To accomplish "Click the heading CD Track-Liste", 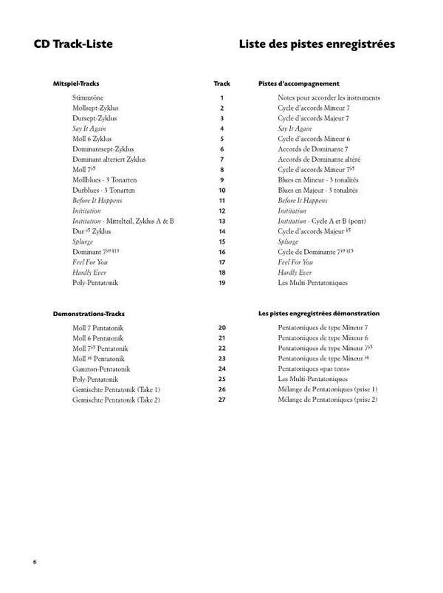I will [x=72, y=44].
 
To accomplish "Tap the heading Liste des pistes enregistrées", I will [x=316, y=44].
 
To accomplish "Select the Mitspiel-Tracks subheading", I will [x=77, y=83].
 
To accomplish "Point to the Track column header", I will [x=221, y=83].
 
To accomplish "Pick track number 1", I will [x=221, y=97].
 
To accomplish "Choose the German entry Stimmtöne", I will [x=88, y=97].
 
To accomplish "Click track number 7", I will [x=221, y=159].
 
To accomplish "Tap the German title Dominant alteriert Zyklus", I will [x=109, y=159].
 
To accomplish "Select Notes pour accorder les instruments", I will [x=329, y=97].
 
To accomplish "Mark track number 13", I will [x=221, y=221].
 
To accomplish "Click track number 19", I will [x=221, y=282].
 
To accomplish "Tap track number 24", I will [x=221, y=369].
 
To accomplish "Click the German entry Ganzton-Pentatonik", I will [x=102, y=369].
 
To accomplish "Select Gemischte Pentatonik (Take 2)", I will [x=116, y=400].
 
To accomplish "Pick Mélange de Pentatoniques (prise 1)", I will [x=328, y=389].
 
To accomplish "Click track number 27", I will [x=221, y=400].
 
